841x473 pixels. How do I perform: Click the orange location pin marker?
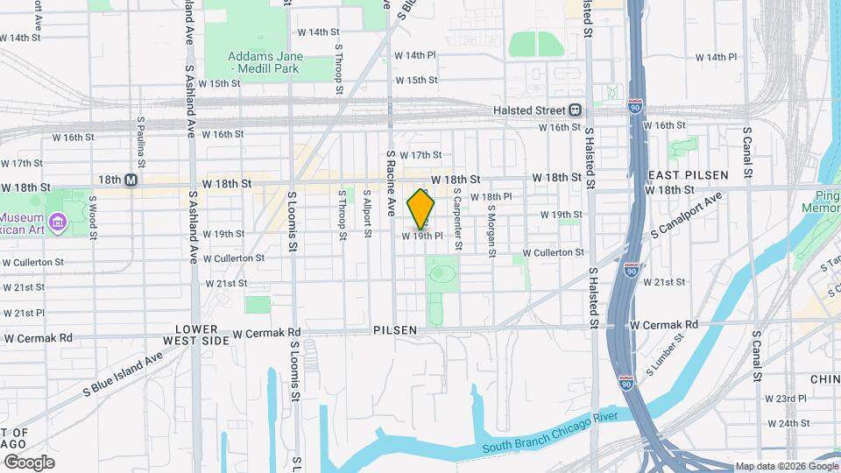(x=421, y=208)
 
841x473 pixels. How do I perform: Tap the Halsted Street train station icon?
(x=576, y=110)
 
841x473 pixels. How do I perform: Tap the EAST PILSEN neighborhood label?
(x=688, y=175)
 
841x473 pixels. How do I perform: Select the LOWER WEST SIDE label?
(x=195, y=334)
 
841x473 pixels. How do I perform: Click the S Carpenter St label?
(x=457, y=224)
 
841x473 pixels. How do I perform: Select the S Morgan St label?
(x=492, y=231)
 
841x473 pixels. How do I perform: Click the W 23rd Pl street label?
(x=785, y=399)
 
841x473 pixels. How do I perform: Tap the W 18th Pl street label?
(x=491, y=197)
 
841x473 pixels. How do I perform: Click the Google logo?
(x=28, y=462)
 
